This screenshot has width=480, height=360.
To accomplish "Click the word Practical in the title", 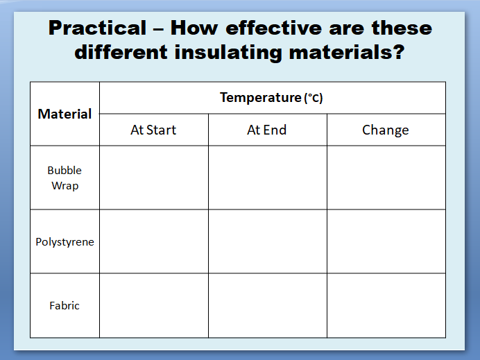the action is point(97,28).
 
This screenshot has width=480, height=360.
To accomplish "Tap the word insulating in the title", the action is point(228,52).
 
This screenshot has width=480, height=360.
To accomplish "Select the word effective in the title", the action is point(274,28).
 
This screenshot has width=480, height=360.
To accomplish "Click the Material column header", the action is point(65,114).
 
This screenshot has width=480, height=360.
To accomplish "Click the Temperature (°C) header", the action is point(271,98).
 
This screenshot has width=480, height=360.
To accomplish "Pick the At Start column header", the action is point(153,130).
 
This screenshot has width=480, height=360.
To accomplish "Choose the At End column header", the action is point(267,130).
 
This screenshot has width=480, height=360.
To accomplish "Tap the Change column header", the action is point(386,130).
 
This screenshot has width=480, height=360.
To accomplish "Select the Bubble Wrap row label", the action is point(65,178).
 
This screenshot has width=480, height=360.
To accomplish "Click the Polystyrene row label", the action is point(65,242).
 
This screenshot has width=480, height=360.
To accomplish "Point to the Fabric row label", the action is point(65,305).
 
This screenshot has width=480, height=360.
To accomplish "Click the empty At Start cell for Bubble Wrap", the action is point(154,178).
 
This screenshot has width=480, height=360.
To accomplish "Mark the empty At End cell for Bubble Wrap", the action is point(268,178).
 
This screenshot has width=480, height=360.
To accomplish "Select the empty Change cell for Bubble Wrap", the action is point(386,178).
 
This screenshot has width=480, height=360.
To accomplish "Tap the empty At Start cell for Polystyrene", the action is point(154,241).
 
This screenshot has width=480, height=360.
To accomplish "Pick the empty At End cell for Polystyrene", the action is point(268,241).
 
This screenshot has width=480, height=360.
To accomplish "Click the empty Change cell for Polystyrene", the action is point(386,241).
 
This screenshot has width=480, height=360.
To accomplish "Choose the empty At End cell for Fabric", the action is point(268,305).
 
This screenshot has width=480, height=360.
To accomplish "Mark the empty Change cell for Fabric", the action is point(386,305).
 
